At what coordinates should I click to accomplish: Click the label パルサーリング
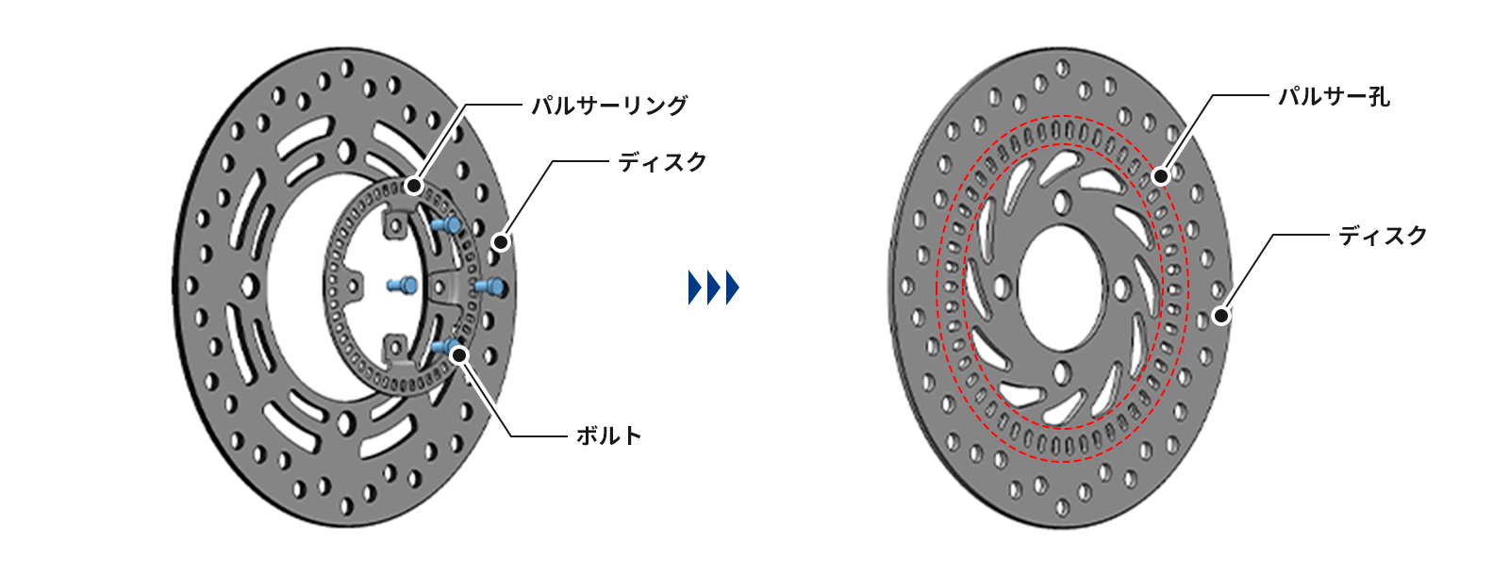pos(609,106)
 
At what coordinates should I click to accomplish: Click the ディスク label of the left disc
pos(662,163)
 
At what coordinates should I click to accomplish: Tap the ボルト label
pos(608,435)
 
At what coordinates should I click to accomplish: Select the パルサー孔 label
pos(1334,96)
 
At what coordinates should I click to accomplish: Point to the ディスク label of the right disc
pos(1383,236)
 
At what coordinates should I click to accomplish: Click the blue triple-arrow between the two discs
pos(713,287)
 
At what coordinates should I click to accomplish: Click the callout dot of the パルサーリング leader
pos(413,186)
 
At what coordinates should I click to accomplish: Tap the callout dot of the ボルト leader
pos(459,354)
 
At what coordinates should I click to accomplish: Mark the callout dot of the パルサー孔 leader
pos(1161,175)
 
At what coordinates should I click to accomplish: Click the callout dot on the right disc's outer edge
pos(1221,315)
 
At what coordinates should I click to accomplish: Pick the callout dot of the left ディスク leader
pos(501,242)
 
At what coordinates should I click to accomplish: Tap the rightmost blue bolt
pos(490,286)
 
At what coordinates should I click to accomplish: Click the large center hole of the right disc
pos(1062,287)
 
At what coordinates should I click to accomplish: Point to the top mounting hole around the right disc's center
pos(1063,203)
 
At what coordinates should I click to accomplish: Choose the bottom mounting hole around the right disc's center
pos(1063,370)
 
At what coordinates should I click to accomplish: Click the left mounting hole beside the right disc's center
pos(1001,286)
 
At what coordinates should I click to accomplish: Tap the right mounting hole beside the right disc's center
pos(1122,287)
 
